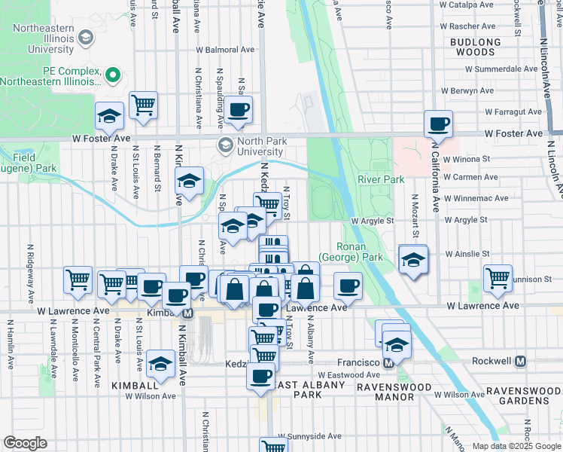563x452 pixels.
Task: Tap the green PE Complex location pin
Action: pos(114,75)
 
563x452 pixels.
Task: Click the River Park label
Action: pos(381,179)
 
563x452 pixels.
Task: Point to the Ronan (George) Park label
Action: pos(351,252)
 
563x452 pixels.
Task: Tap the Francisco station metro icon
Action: pos(388,362)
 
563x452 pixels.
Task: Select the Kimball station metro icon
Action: pos(187,312)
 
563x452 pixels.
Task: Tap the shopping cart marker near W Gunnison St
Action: pos(498,278)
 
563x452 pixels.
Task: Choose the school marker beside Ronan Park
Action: pos(412,260)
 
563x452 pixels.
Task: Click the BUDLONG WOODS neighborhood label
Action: pos(476,47)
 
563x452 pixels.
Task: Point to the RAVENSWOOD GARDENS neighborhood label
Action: pos(522,396)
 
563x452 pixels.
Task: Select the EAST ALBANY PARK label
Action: pos(297,389)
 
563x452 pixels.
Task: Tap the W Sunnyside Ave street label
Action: pos(309,436)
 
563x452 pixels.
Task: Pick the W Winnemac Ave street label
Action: pos(470,199)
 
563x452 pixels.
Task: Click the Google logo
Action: pos(25,442)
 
